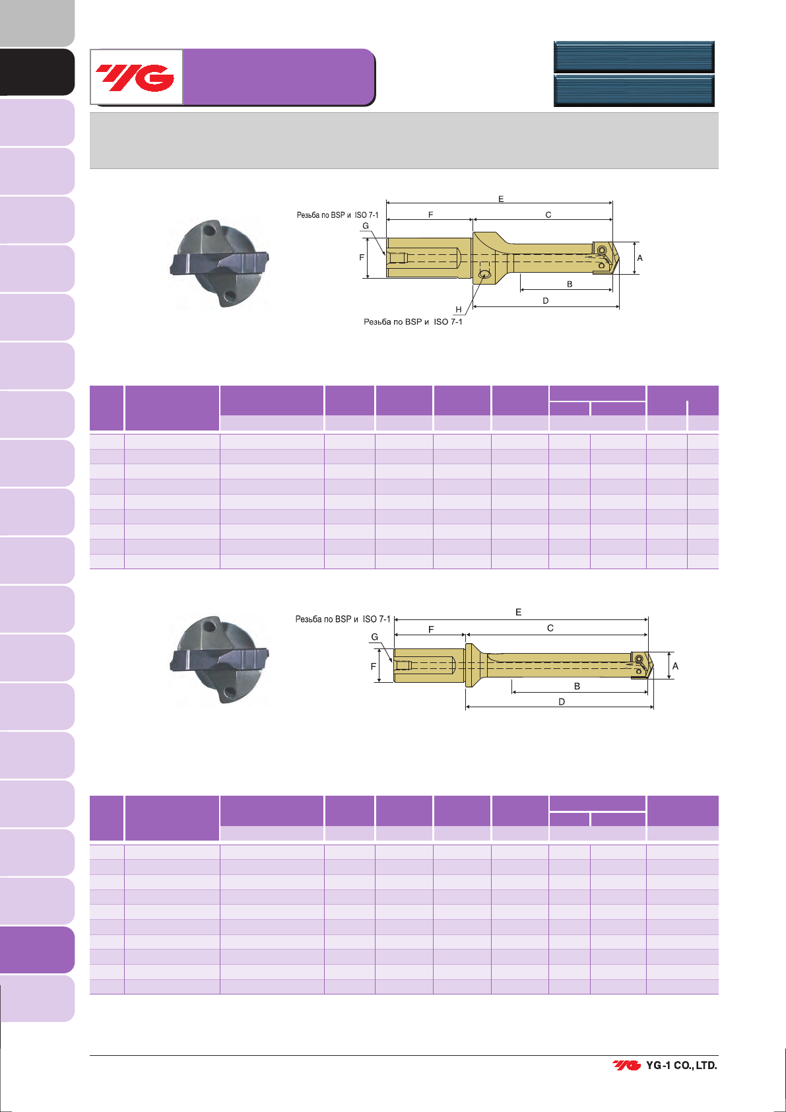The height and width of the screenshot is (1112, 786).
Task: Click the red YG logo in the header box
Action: pos(135,77)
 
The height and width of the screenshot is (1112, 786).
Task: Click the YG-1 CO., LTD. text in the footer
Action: pos(681,1065)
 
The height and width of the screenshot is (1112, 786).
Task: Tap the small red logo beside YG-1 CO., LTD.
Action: pos(627,1065)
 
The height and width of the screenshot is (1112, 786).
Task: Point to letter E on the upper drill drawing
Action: pos(501,199)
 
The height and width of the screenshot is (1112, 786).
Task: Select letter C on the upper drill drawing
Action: pos(548,215)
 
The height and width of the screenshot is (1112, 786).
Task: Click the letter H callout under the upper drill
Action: pos(459,309)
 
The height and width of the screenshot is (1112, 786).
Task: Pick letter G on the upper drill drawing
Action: pos(366,226)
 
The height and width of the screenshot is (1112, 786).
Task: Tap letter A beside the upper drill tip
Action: pos(639,258)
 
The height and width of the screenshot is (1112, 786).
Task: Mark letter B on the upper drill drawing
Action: pos(570,285)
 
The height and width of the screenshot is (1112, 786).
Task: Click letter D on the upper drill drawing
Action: pos(545,300)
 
